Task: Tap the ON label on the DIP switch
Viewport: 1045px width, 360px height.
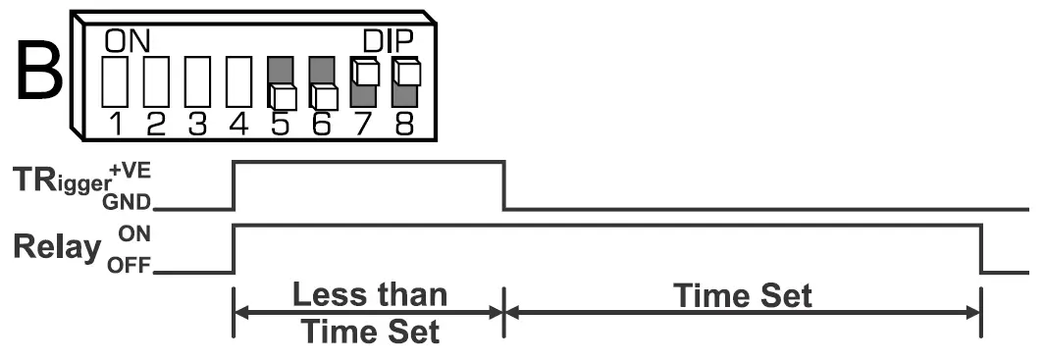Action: tap(126, 41)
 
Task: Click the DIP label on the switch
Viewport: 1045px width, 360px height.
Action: tap(389, 41)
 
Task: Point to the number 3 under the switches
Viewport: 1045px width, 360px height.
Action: tap(198, 125)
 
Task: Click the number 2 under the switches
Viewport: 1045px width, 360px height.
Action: tap(156, 125)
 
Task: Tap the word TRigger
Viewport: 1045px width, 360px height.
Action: tap(61, 182)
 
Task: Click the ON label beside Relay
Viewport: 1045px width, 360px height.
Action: tap(131, 235)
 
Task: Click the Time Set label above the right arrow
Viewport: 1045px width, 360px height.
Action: tap(742, 295)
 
